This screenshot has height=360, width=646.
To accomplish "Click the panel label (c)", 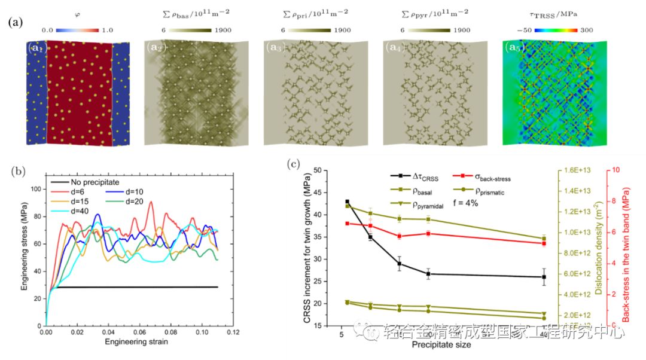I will point(293,163).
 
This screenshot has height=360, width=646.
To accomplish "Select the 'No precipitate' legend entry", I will point(96,182).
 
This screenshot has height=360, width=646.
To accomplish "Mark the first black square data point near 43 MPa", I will point(348,202).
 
